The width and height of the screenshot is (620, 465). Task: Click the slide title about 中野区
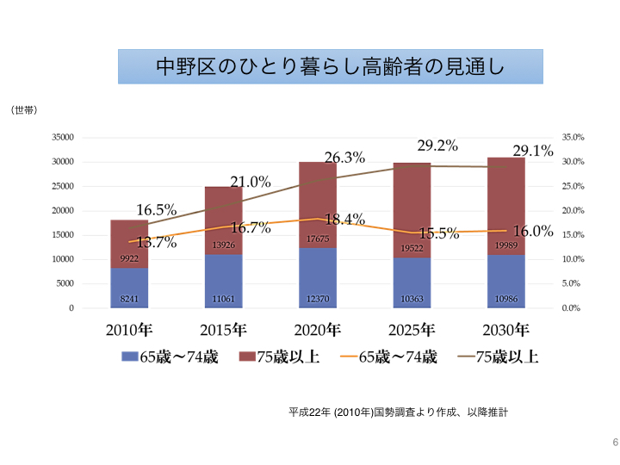(330, 66)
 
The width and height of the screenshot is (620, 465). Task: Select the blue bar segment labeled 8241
(128, 288)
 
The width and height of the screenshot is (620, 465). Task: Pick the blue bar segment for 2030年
(505, 281)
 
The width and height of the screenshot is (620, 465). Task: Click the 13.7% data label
(157, 243)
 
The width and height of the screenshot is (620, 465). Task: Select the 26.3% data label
(344, 158)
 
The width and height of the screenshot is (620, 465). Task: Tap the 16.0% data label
(532, 231)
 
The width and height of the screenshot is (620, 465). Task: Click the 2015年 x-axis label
(223, 330)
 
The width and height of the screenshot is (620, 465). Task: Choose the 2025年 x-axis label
(412, 330)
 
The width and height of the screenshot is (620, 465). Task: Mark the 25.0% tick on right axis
(573, 186)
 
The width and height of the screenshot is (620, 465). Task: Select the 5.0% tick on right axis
(573, 283)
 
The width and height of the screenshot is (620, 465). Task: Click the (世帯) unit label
(23, 110)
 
